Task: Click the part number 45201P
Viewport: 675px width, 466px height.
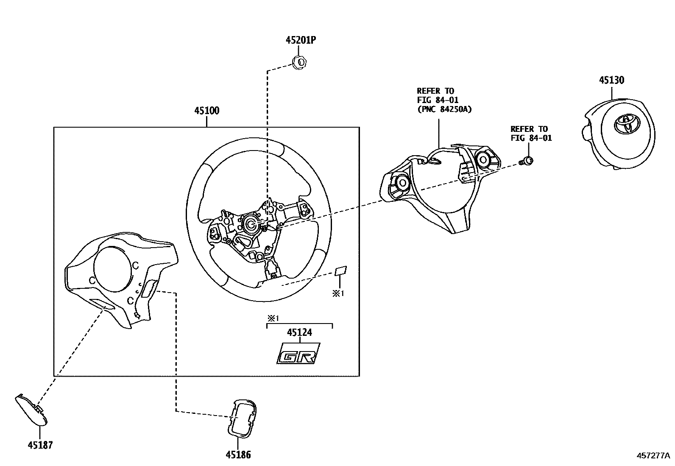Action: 301,40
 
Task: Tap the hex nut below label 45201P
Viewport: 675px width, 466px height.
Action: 301,62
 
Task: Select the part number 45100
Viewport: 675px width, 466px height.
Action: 206,111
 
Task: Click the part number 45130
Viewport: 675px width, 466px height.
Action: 611,80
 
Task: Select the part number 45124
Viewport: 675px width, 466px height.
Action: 299,332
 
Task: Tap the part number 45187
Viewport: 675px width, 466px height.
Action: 40,445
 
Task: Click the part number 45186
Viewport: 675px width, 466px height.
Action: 238,455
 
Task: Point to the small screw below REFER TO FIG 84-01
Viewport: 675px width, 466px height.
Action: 527,161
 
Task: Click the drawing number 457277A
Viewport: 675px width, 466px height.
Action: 653,455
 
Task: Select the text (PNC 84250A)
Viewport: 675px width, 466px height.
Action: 444,109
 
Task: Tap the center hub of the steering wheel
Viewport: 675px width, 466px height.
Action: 251,223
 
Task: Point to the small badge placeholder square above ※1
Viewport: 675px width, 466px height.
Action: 341,271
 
